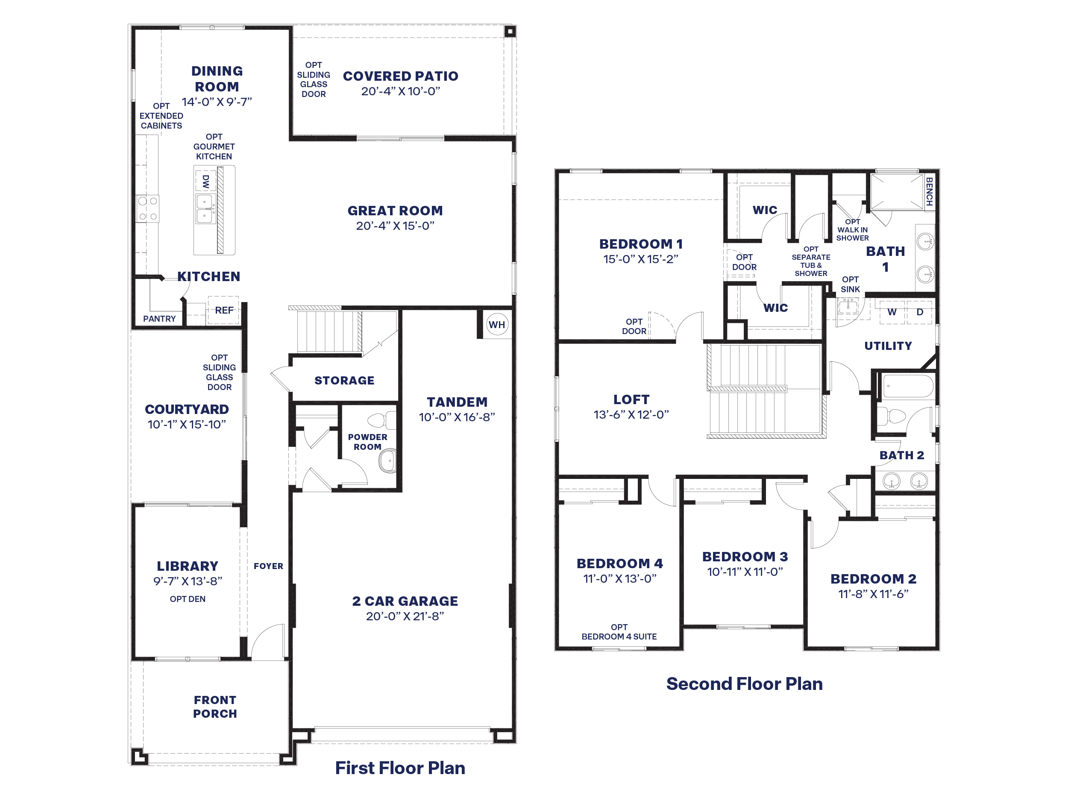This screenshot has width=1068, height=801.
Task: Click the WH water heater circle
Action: tap(497, 324)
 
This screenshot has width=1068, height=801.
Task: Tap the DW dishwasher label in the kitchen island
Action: tap(205, 182)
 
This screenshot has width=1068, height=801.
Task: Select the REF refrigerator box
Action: tap(223, 310)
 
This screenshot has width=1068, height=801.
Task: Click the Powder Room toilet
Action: tap(382, 420)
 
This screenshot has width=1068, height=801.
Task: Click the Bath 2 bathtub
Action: tap(908, 386)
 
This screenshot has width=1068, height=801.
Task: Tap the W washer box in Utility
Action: tap(892, 312)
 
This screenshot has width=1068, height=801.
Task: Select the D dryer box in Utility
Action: tap(920, 312)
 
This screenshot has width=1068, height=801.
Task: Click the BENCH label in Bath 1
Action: tap(929, 192)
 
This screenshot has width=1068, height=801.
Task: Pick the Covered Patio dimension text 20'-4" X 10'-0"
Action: tap(401, 91)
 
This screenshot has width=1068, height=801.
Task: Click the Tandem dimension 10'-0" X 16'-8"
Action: tap(457, 417)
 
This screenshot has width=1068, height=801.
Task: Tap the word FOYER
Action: tap(268, 566)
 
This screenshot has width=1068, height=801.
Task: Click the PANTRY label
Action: tap(159, 319)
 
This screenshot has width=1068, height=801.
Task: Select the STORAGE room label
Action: tap(344, 381)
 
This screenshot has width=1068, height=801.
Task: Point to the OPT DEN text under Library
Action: tap(188, 599)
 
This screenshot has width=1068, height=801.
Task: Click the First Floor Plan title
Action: tap(400, 768)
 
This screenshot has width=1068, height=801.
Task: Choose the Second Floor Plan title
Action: tap(745, 684)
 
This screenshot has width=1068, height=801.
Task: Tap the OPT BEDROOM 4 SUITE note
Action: tap(619, 632)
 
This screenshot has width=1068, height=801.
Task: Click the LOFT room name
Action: tap(631, 399)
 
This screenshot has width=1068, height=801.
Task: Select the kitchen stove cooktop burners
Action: tap(147, 208)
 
